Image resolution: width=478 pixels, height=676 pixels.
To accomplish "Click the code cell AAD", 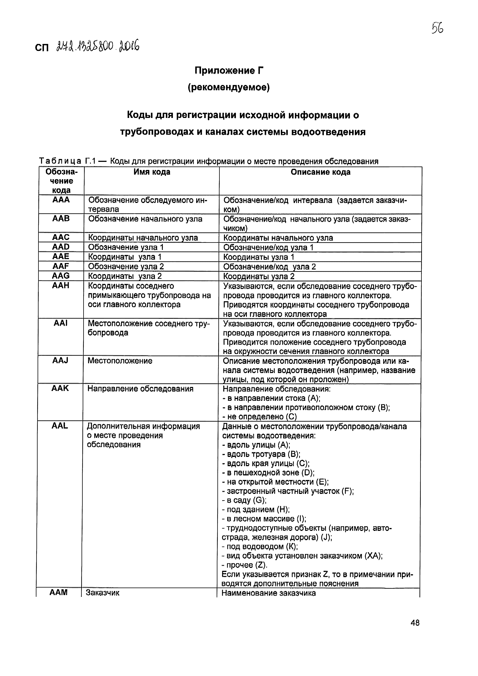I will click(x=61, y=247).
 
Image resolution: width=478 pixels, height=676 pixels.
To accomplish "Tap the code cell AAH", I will click(x=60, y=285).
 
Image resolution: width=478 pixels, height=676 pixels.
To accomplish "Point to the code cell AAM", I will click(x=59, y=592).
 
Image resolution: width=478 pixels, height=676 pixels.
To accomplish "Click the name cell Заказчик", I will click(x=103, y=593).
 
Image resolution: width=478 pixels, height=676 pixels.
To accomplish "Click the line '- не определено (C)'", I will click(x=259, y=417).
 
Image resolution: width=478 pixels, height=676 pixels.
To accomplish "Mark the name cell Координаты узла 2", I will click(x=125, y=276).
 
